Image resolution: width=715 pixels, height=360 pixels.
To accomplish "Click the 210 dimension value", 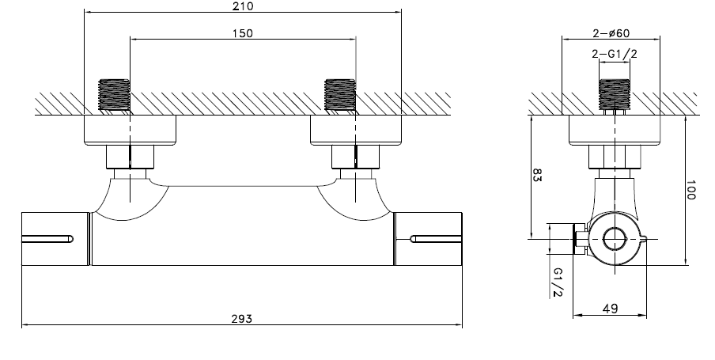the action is pos(242,6).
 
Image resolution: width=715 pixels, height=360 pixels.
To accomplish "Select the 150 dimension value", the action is pos(242,33).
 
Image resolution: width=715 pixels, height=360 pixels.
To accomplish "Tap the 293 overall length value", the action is pos(242,319).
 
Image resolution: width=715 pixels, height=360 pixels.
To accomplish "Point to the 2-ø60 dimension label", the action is pos(611,33).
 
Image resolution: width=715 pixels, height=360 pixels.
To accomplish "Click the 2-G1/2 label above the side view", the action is pos(615,53).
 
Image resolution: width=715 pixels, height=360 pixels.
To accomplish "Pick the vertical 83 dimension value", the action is pos(537,175).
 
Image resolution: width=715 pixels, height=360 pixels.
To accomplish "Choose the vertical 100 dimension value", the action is pos(690,190).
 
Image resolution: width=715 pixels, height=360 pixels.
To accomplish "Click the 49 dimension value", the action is pos(610,309).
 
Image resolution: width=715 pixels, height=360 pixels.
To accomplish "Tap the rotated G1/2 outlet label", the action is pos(558,282).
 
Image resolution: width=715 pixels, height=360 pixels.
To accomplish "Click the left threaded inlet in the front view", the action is pos(115,95).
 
